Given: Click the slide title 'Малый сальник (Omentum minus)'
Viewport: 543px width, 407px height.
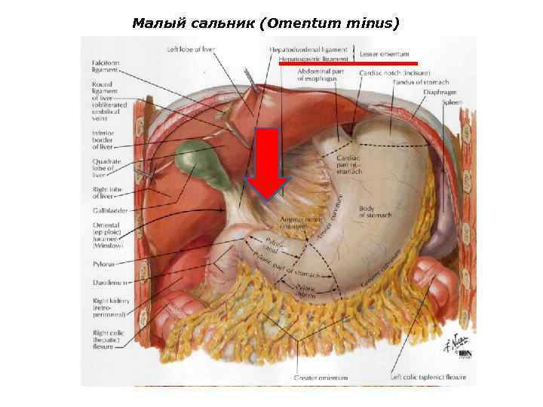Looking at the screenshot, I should (265, 23).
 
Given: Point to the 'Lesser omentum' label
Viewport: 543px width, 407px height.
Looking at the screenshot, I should (384, 54).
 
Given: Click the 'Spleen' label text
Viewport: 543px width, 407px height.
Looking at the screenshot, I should (452, 101).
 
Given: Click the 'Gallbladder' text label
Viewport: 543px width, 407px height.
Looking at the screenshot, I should (110, 210).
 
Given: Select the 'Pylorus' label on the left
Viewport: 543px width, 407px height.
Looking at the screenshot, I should (103, 265).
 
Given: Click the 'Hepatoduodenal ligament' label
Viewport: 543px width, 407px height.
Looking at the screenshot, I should (308, 49).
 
